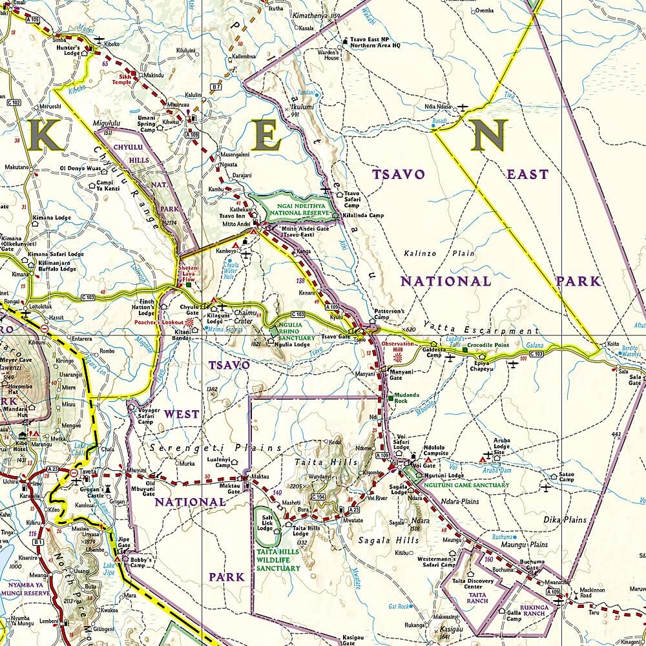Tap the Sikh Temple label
click(121, 79)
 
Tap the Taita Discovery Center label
click(478, 583)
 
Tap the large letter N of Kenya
click(488, 136)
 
